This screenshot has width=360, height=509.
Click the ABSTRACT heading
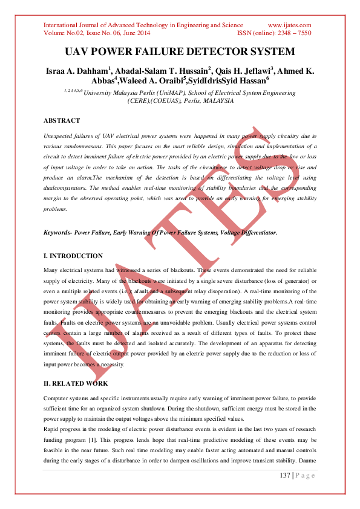62,121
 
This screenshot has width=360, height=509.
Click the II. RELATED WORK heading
76,383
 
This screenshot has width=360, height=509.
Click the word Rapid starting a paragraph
54,430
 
